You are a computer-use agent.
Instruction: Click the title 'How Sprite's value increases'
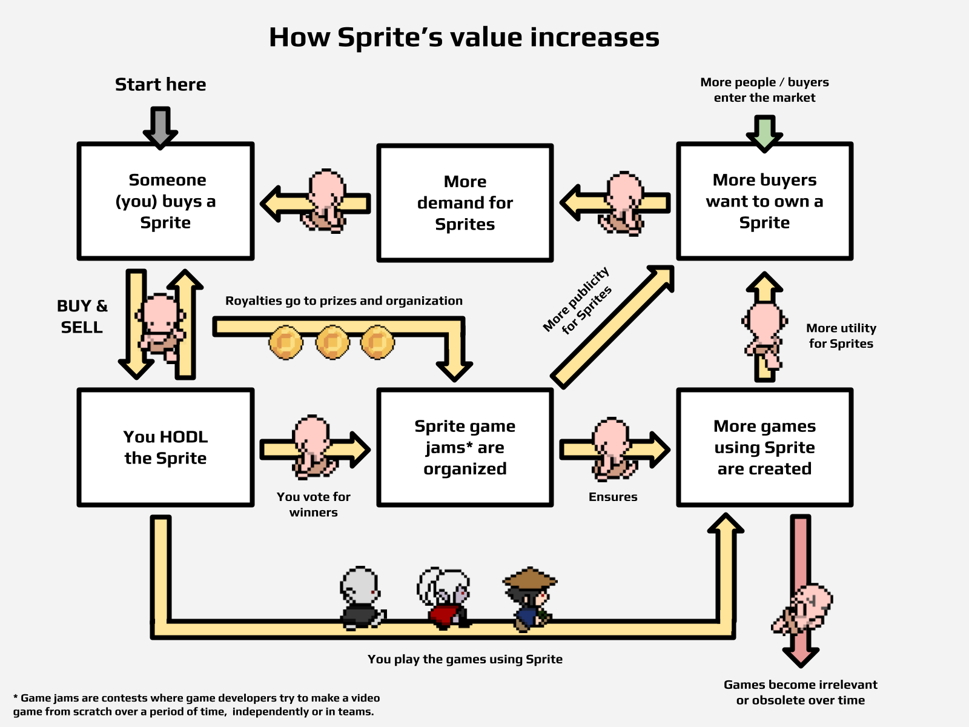464,38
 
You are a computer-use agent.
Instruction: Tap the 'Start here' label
160,84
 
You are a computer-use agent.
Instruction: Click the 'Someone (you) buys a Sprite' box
165,201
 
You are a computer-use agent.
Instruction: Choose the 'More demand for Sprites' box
465,203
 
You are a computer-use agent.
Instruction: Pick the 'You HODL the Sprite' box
165,447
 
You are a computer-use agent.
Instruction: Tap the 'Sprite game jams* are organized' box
465,447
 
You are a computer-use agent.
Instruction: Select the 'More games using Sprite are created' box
764,447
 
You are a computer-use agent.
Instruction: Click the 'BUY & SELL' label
82,316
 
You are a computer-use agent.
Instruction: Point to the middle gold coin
332,342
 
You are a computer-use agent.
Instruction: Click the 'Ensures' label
613,497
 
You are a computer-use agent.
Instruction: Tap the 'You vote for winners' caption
314,504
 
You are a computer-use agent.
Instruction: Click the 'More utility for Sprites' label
841,336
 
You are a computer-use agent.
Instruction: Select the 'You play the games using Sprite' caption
465,659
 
